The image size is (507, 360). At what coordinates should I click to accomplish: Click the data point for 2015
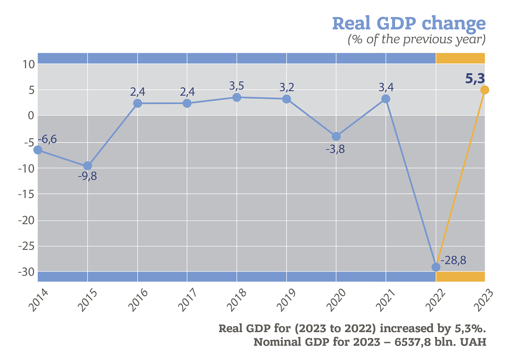(88, 166)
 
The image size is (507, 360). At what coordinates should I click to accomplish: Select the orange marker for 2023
(484, 90)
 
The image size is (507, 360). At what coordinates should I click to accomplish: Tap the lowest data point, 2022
(436, 267)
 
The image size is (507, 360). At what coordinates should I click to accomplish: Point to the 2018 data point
(237, 98)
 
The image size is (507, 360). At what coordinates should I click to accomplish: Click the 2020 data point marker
(336, 137)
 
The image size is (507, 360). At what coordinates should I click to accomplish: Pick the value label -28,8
(453, 260)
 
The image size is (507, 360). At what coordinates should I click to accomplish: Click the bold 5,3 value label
(475, 79)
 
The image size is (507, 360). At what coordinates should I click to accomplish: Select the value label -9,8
(87, 176)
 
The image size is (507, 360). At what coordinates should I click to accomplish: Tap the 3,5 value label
(237, 86)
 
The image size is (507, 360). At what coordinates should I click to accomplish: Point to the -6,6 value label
(47, 139)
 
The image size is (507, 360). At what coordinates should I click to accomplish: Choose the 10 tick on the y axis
(28, 64)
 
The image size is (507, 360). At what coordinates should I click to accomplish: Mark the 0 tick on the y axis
(31, 115)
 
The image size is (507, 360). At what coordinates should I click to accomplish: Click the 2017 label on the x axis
(187, 301)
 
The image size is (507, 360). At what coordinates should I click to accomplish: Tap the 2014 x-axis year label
(38, 301)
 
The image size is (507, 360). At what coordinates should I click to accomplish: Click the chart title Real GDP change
(409, 24)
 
